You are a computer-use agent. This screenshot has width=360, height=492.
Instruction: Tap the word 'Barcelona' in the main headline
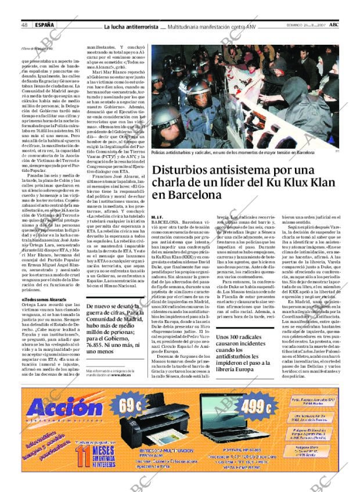(x=188, y=196)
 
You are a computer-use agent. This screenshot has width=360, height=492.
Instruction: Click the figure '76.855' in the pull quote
(x=97, y=343)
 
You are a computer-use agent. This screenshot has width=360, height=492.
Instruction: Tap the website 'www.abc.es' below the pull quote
(x=125, y=375)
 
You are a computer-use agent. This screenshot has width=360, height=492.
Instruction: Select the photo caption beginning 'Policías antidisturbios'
(x=232, y=153)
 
